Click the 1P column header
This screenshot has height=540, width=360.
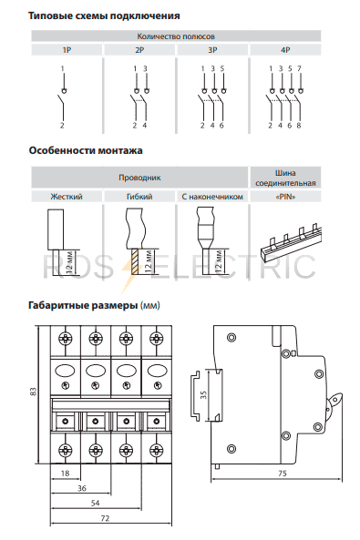[x=67, y=50]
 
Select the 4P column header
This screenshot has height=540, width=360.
[x=285, y=50]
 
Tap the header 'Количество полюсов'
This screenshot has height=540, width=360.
[x=176, y=36]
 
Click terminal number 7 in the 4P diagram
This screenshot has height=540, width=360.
[x=299, y=68]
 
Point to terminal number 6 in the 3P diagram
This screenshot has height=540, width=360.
[x=221, y=126]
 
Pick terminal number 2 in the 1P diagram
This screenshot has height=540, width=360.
[x=62, y=126]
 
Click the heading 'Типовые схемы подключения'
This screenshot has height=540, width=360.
[x=104, y=15]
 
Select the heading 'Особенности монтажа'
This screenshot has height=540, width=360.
[x=86, y=150]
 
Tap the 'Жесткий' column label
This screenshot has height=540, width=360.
[x=67, y=197]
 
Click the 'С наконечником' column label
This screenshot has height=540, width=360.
[x=212, y=197]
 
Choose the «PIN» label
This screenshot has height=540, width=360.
[x=285, y=197]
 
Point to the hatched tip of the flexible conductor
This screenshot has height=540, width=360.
[x=134, y=261]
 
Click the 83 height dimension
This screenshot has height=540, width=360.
[x=33, y=392]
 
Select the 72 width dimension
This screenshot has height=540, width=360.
[x=105, y=518]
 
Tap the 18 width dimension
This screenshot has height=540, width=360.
[x=66, y=474]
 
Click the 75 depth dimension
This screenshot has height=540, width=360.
[x=282, y=474]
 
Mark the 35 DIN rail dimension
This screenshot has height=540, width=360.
[x=203, y=394]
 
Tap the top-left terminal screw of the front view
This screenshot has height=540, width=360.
[x=66, y=339]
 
